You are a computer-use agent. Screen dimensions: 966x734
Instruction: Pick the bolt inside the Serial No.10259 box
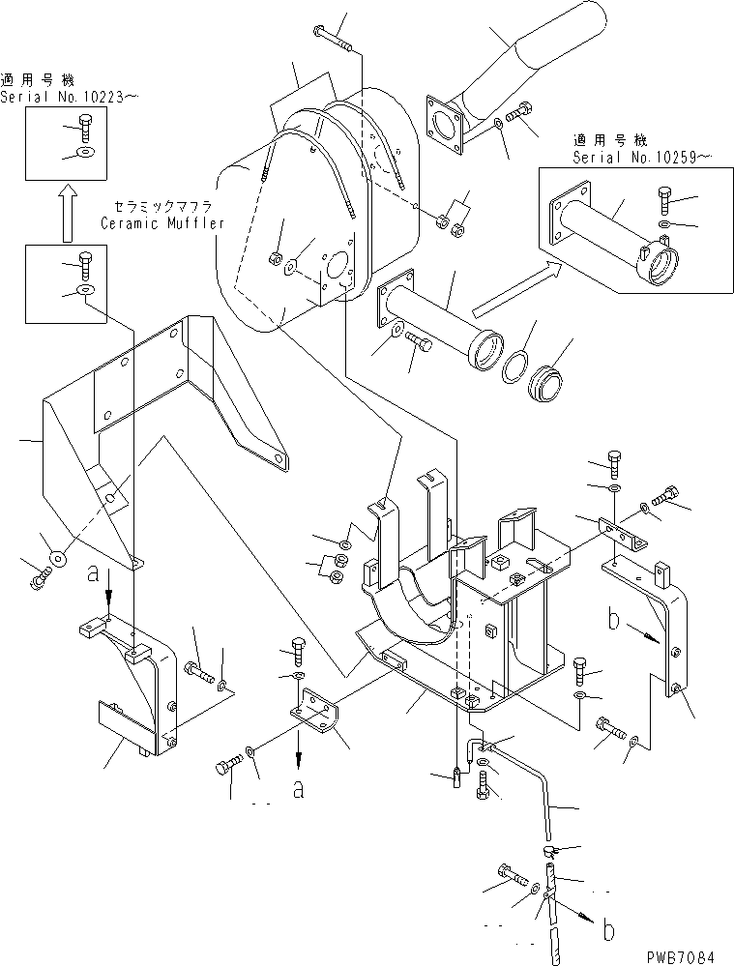click(665, 198)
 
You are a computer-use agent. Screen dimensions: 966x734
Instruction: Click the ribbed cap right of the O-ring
click(547, 382)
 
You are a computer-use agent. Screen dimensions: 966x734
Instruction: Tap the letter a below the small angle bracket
click(299, 790)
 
